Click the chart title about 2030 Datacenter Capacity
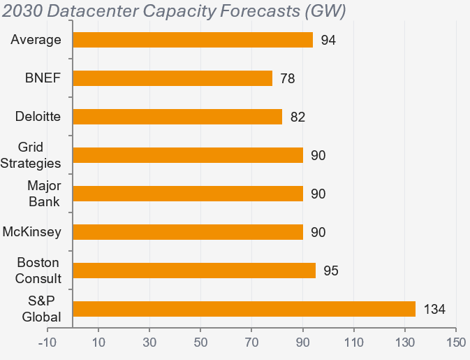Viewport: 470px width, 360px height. pyautogui.click(x=175, y=12)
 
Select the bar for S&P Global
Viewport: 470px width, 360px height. pyautogui.click(x=244, y=309)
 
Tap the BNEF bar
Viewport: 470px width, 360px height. pyautogui.click(x=172, y=78)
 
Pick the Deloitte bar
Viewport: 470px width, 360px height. pyautogui.click(x=177, y=117)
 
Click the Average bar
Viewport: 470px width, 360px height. pyautogui.click(x=193, y=40)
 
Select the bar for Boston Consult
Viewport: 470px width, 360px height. pyautogui.click(x=194, y=271)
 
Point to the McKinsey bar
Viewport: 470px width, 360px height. pyautogui.click(x=188, y=232)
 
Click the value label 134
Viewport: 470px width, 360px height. pyautogui.click(x=434, y=309)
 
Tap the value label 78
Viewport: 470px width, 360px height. pyautogui.click(x=287, y=78)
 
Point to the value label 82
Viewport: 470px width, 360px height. pyautogui.click(x=298, y=117)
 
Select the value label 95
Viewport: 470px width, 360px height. pyautogui.click(x=331, y=271)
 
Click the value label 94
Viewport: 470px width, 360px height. pyautogui.click(x=328, y=40)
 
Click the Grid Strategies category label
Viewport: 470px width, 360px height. pyautogui.click(x=41, y=155)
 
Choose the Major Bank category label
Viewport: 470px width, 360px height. pyautogui.click(x=43, y=194)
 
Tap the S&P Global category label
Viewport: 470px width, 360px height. pyautogui.click(x=43, y=309)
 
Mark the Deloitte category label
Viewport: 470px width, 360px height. pyautogui.click(x=38, y=117)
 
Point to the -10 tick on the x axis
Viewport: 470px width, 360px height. pyautogui.click(x=47, y=343)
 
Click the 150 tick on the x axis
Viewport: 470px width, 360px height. pyautogui.click(x=456, y=343)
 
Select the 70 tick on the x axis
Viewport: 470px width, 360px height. pyautogui.click(x=251, y=343)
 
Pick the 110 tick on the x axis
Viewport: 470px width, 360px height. pyautogui.click(x=354, y=343)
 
